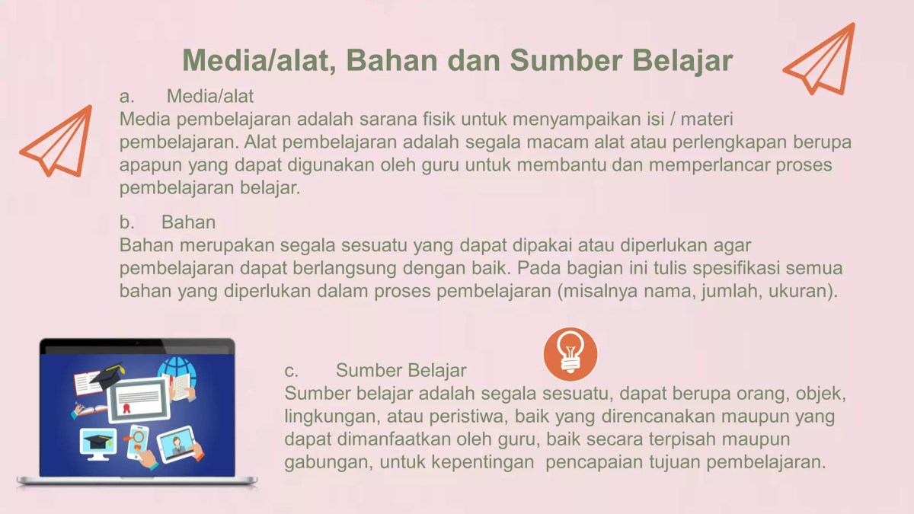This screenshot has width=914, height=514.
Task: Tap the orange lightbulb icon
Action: click(x=570, y=354)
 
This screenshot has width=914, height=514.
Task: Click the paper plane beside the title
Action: click(x=821, y=59)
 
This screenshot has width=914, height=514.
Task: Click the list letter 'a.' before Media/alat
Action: click(x=126, y=97)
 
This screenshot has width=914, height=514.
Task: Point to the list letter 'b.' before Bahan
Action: click(x=126, y=223)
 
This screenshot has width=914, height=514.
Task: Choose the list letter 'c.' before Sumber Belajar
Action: click(x=291, y=371)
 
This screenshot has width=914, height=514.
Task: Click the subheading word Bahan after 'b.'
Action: click(x=188, y=223)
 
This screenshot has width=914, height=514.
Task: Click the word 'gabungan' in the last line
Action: click(x=317, y=462)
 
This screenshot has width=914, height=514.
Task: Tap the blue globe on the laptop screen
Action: click(x=176, y=371)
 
